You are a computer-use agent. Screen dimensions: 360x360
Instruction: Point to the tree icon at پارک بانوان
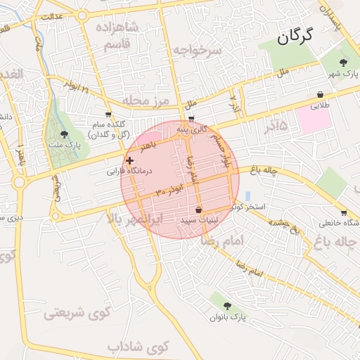pyautogui.click(x=227, y=305)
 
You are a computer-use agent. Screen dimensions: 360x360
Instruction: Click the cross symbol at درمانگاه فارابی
pyautogui.click(x=129, y=160)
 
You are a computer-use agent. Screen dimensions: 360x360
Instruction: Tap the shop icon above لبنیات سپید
pyautogui.click(x=199, y=210)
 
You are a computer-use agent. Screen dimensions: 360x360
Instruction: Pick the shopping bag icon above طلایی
pyautogui.click(x=321, y=94)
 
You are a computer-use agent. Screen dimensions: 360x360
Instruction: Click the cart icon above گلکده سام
pyautogui.click(x=108, y=113)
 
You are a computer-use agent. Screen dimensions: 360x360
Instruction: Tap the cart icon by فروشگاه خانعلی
pyautogui.click(x=343, y=212)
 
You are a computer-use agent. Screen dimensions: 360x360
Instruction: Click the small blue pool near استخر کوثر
pyautogui.click(x=247, y=195)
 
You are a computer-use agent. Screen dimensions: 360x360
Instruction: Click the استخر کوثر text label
pyautogui.click(x=251, y=207)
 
